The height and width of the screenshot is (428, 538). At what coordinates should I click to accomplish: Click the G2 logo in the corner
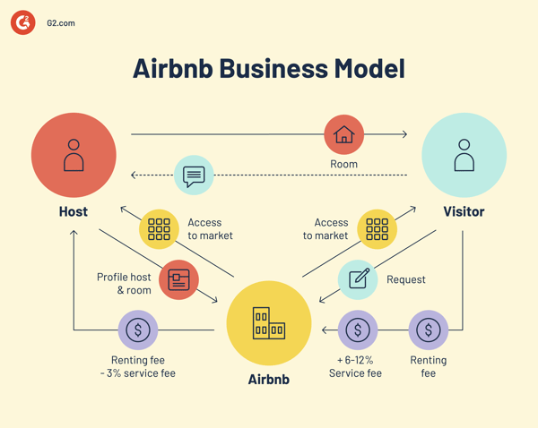point(23,22)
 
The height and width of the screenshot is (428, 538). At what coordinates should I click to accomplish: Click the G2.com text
point(61,23)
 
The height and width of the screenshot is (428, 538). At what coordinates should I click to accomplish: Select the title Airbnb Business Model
point(268,68)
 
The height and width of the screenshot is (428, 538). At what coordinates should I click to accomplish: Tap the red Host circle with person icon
point(74,155)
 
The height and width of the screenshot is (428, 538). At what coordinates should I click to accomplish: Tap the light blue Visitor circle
point(464,155)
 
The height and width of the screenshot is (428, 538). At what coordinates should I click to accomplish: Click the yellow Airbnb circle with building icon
point(268,322)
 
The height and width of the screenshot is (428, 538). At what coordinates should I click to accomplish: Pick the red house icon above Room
point(343,134)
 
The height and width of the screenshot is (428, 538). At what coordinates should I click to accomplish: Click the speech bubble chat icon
point(194,175)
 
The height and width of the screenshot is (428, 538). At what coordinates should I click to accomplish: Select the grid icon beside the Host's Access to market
point(159,228)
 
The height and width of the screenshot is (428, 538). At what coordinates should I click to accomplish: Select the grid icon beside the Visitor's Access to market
point(377,228)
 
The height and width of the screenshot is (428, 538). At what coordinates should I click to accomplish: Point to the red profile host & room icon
point(178,279)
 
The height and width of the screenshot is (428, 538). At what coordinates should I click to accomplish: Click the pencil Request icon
point(359,279)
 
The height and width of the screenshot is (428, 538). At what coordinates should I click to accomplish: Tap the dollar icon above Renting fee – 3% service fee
point(138,330)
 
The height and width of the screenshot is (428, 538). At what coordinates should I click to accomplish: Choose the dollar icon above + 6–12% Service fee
point(358,330)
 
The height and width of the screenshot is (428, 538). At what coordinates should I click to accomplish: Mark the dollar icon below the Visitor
point(429,330)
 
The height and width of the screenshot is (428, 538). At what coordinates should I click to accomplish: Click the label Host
point(74,211)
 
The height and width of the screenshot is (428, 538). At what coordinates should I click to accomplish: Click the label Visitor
point(464,211)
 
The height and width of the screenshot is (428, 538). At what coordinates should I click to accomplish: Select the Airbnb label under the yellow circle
point(268,379)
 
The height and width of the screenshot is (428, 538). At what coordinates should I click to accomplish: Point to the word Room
point(343,164)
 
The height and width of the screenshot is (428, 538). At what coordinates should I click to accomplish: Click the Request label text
point(406,279)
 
